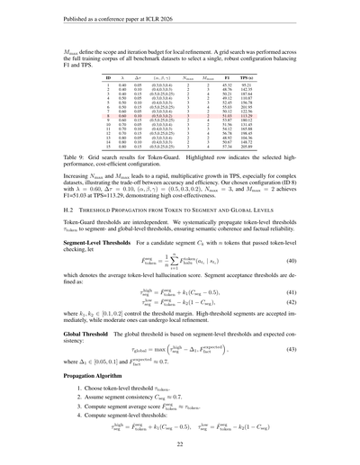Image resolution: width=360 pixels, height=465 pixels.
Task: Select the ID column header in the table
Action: coord(109,78)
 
